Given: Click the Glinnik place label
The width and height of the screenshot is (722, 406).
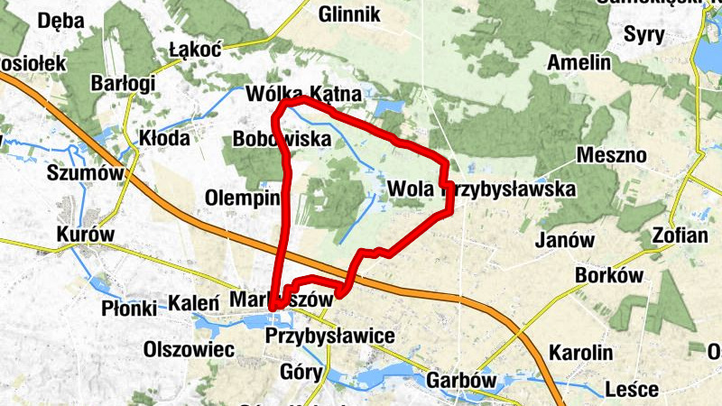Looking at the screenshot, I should coord(350,14).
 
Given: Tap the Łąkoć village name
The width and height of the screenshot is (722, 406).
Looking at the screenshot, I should coord(195,51).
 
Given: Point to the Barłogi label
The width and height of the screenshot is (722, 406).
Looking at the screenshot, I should coord(124,83).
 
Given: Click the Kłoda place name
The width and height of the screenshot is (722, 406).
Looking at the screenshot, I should coord(164,138).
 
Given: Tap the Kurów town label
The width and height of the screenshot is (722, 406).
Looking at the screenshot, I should coord(86,234).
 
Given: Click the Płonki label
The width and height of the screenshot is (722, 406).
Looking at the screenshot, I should coord(129,307).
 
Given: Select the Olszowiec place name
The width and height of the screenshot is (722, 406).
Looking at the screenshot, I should coord(190,348).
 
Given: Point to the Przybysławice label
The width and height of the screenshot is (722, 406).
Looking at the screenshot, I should coord(331,336).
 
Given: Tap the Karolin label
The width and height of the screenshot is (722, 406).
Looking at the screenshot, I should coord(581,352).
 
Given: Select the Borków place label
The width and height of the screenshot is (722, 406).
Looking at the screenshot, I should coord(613,275).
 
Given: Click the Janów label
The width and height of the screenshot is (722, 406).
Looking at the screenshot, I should coord(565,240).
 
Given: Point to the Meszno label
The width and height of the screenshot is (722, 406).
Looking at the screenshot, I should coord(615,155).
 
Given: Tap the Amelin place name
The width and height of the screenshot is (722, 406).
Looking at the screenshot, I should coord(578,64).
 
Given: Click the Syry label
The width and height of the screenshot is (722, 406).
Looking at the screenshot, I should coord(644,35).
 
